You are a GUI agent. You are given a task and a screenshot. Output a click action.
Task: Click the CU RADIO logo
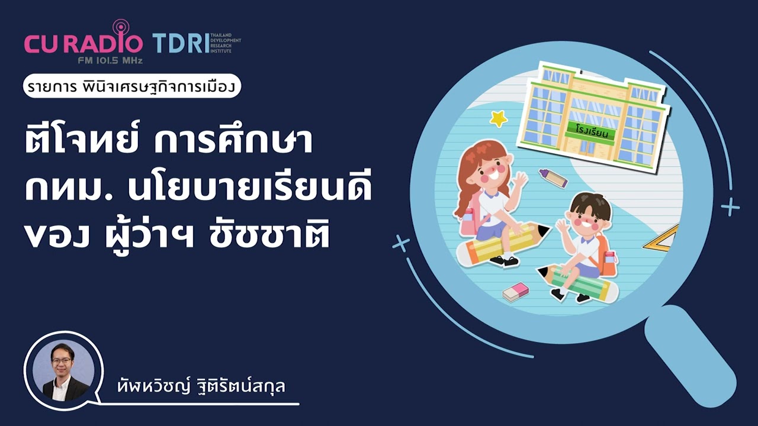coord(83,43)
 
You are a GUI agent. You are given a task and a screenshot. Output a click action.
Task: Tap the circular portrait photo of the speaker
coord(62,370)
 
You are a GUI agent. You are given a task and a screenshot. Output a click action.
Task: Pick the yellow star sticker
coord(499,118)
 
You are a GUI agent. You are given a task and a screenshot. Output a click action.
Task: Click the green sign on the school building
coord(590,130)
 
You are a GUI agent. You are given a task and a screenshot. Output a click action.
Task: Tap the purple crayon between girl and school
coord(553,177)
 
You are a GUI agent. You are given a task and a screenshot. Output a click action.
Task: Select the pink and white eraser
coord(515,291)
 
